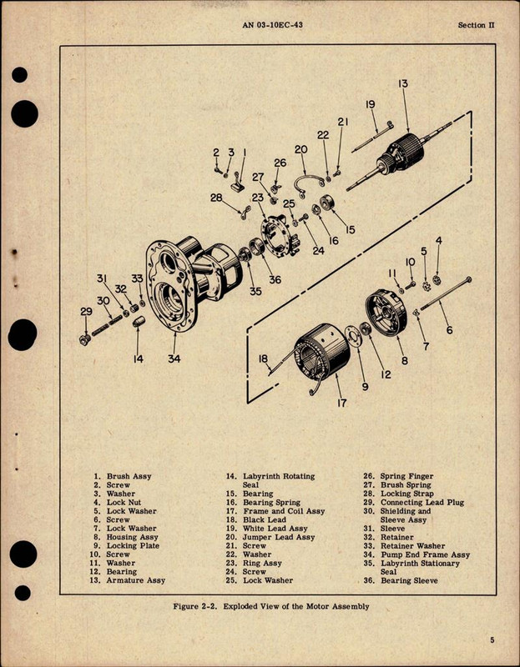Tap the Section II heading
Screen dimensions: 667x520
pos(477,26)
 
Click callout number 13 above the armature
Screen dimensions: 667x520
pos(403,83)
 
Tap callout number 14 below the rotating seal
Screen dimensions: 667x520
pos(139,359)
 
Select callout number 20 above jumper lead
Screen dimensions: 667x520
pos(300,148)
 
